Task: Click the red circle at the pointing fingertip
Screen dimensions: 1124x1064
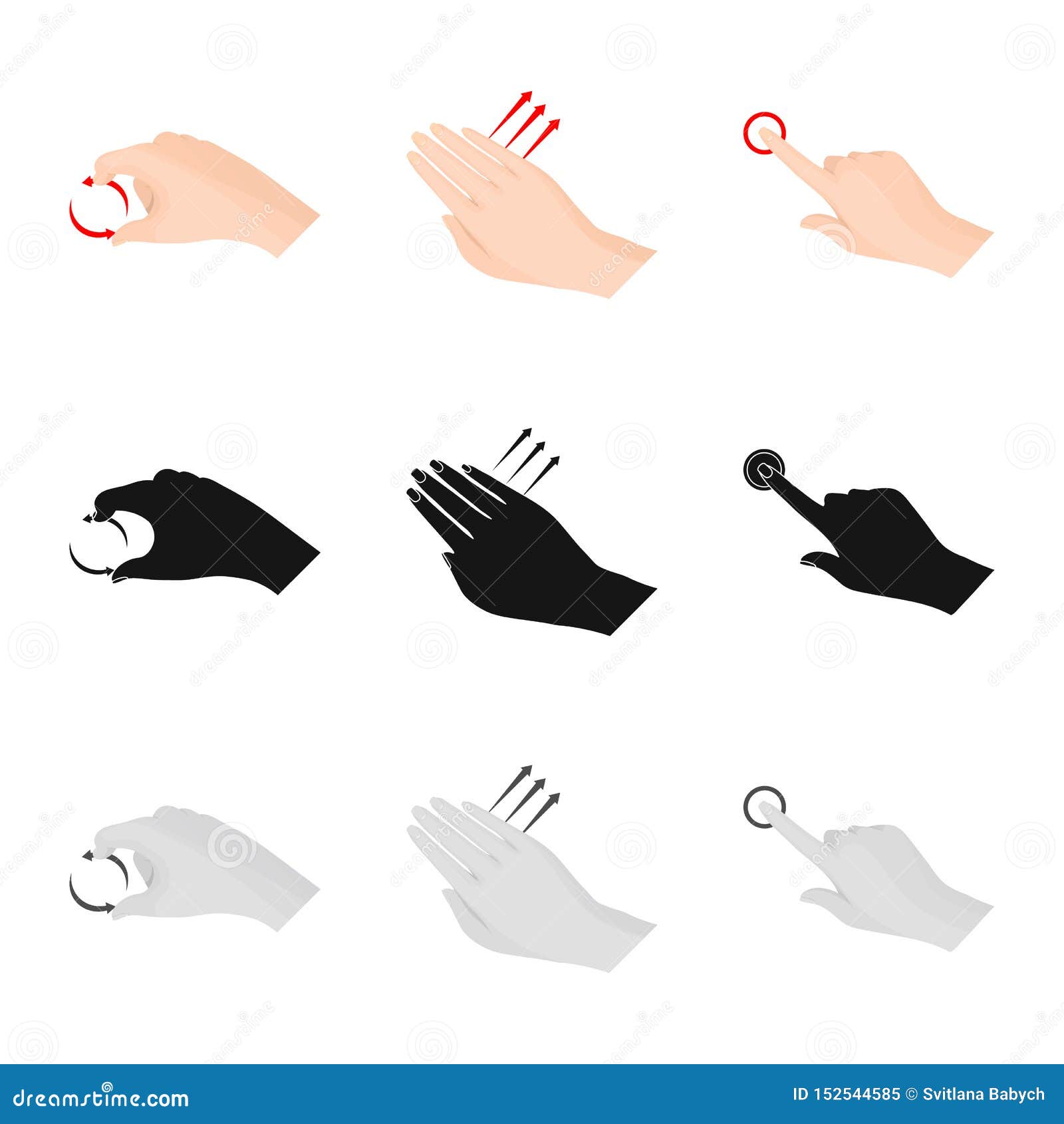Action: coord(764,132)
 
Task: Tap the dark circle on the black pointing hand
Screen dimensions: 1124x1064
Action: coord(763,468)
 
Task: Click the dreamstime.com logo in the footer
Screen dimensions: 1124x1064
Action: coord(101,1097)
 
